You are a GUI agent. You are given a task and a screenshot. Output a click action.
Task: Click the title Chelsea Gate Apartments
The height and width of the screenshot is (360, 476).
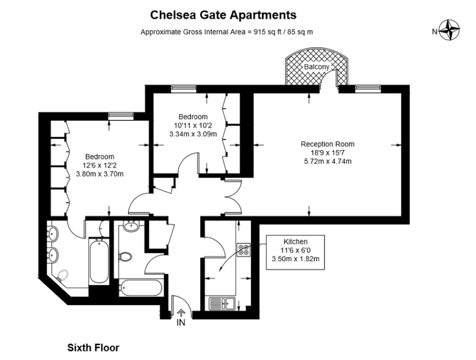[x=223, y=15]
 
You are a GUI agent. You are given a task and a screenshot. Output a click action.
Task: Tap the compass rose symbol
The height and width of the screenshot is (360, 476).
[x=450, y=31]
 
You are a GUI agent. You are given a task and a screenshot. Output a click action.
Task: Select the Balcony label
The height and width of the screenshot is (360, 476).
[x=316, y=67]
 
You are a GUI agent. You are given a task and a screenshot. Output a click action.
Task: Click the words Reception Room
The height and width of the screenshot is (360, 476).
[x=327, y=144]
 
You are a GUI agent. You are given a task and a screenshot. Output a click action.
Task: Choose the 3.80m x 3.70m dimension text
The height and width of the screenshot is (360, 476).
[x=100, y=174]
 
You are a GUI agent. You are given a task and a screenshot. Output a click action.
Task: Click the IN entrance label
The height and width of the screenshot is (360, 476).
[x=181, y=323]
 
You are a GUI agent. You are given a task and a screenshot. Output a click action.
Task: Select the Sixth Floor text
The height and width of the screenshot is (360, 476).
[x=93, y=348]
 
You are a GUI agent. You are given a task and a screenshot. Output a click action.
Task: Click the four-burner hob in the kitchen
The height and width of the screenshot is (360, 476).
[x=244, y=249]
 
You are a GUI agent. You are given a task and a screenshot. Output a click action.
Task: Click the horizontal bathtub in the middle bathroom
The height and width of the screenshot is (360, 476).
[x=140, y=287]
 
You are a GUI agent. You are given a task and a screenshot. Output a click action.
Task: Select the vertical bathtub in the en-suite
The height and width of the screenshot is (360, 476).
[x=98, y=261]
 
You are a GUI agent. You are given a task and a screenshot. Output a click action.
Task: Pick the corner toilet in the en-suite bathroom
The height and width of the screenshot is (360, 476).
[x=63, y=277]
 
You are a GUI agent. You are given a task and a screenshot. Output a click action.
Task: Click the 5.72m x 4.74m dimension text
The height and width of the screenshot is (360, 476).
[x=327, y=161]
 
